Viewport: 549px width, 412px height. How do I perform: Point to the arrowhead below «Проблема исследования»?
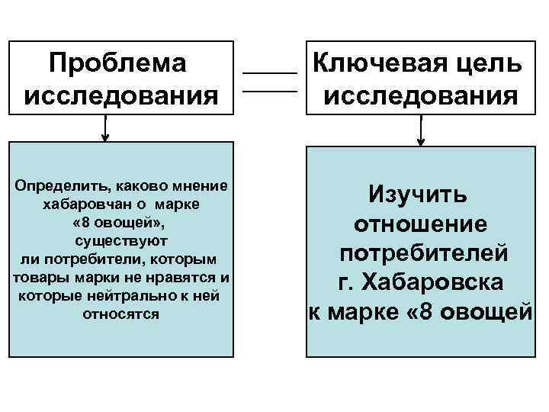coord(105,138)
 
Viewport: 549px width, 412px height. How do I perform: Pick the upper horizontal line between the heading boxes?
coord(269,72)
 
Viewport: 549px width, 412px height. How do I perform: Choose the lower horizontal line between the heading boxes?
coord(269,92)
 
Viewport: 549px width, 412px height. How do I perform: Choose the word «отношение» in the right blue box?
coord(420,224)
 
